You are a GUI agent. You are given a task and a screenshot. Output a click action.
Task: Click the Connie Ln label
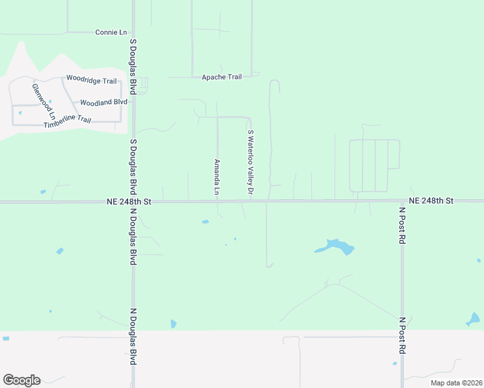(111, 32)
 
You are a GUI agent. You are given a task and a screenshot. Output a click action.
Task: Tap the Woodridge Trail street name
(91, 81)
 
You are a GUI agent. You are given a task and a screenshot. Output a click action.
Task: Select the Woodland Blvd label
(104, 102)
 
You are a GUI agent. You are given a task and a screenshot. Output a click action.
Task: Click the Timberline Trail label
(67, 122)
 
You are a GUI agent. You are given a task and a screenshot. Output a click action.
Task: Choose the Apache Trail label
(221, 77)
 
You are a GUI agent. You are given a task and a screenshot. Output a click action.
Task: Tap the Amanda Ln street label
(217, 178)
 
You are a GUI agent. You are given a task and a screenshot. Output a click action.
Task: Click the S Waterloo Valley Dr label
(250, 162)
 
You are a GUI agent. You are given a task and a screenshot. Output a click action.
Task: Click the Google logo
(21, 380)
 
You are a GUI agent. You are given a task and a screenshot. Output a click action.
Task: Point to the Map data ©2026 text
(456, 383)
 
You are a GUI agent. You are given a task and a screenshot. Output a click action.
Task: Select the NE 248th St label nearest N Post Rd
(431, 201)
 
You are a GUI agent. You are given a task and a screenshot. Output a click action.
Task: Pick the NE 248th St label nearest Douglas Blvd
(129, 202)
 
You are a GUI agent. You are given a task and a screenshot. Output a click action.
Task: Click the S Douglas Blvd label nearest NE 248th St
(133, 167)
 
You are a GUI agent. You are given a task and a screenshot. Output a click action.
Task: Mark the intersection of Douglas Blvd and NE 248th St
(133, 202)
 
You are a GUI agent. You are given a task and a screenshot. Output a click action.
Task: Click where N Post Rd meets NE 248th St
(402, 201)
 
